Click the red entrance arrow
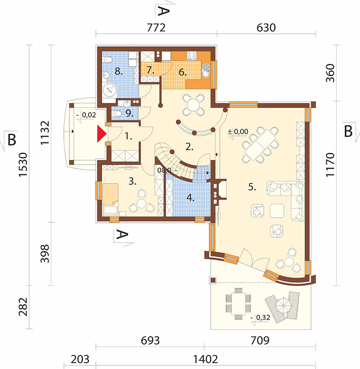tap(102, 134)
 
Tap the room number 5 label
tap(252, 187)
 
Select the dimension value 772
tap(156, 28)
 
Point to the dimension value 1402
tap(205, 360)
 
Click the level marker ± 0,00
tap(238, 131)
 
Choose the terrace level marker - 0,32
tap(260, 318)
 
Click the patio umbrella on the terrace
tap(283, 306)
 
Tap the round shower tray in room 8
tap(110, 90)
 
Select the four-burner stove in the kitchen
tap(192, 55)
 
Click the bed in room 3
tap(110, 194)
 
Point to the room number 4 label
tap(191, 198)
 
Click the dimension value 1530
tap(23, 164)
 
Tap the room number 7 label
tap(150, 70)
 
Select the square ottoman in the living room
tap(277, 211)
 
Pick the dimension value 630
tap(266, 28)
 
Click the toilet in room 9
tap(116, 114)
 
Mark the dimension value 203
tap(80, 360)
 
